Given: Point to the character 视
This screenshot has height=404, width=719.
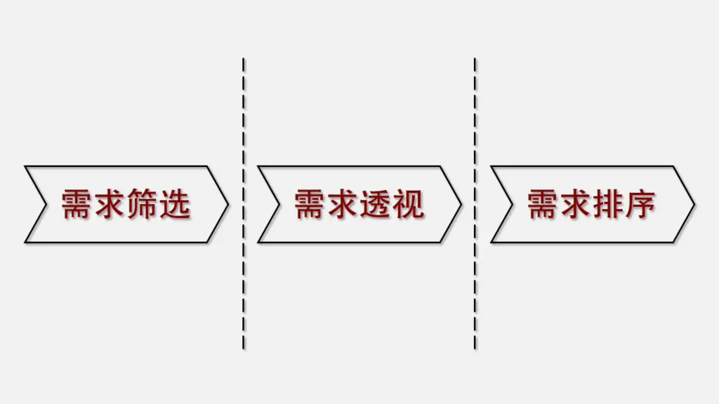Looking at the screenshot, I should (x=408, y=204).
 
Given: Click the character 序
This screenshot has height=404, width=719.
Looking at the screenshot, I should (x=640, y=204).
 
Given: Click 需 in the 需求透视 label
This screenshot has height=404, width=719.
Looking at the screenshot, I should (x=310, y=204).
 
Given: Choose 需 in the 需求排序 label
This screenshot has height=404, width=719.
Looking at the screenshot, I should (x=543, y=204).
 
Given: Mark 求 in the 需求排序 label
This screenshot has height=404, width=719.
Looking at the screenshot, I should (x=575, y=204).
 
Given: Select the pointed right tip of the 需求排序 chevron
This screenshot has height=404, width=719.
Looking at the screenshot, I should (x=693, y=204).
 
